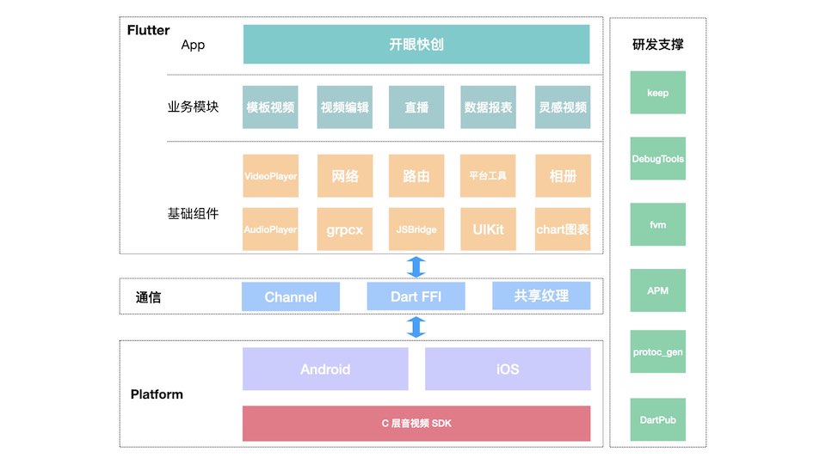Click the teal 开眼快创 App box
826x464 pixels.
pos(416,45)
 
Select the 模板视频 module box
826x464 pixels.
pos(270,107)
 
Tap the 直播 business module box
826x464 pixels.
pos(416,107)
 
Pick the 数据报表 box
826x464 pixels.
pos(489,107)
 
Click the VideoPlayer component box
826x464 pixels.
pos(270,176)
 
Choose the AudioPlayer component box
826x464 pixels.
pos(270,229)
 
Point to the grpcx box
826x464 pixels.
pos(345,229)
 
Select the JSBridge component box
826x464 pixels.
pos(416,229)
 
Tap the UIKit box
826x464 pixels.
pos(489,229)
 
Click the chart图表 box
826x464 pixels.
pos(563,229)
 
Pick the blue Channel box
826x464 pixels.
pos(291,297)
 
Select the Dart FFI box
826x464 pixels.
pos(416,297)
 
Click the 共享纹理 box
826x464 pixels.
pos(541,296)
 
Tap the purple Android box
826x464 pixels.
pos(325,369)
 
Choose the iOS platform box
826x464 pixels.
pos(508,369)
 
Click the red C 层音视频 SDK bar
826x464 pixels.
pos(416,424)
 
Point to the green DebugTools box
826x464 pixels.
pos(658,159)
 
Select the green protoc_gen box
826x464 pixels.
pos(658,352)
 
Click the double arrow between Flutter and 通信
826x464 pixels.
pos(416,266)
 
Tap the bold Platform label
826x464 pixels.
pos(157,394)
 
